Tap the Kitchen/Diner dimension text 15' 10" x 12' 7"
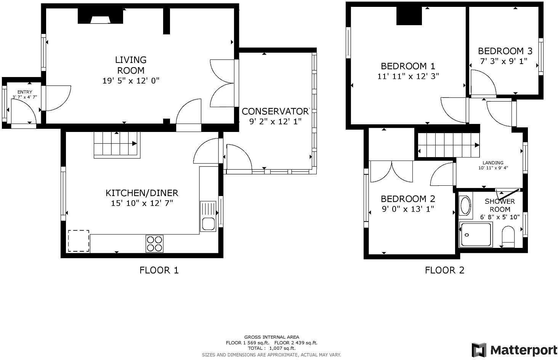(x=142, y=203)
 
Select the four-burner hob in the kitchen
(x=154, y=244)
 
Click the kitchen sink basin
(x=208, y=223)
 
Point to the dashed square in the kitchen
(x=79, y=241)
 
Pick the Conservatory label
(x=275, y=111)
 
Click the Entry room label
(x=25, y=92)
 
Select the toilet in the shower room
(x=508, y=236)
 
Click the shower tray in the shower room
(x=476, y=235)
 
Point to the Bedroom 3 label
(x=505, y=51)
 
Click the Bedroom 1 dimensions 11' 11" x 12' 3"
(x=408, y=76)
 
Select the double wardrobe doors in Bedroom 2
(x=391, y=171)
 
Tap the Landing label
(x=493, y=163)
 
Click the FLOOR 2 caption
(x=444, y=270)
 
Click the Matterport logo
(x=515, y=350)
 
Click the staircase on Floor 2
(x=448, y=145)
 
